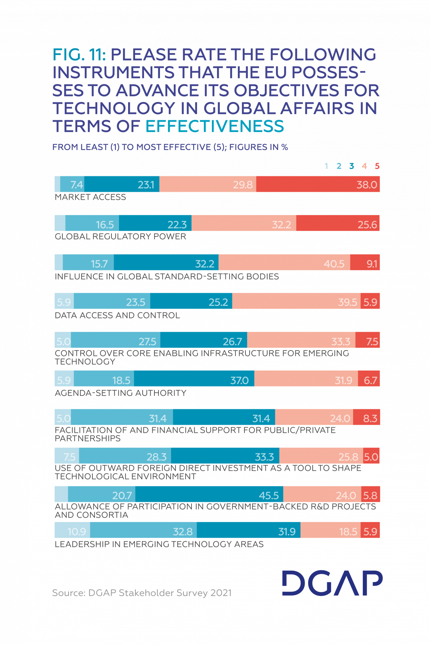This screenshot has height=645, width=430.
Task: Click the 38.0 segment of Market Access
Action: tap(318, 184)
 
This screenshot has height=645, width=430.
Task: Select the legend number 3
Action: tap(351, 166)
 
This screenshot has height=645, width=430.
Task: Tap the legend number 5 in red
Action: tap(377, 166)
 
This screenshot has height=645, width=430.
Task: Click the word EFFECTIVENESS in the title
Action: tap(215, 126)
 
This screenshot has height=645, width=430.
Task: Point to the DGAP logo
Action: tap(332, 583)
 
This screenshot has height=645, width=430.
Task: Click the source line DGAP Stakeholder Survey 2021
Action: tap(142, 593)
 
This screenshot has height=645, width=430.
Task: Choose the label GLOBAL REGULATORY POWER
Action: tap(120, 237)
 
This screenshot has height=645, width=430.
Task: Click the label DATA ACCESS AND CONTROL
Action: tap(117, 315)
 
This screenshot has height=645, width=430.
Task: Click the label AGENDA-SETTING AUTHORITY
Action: tap(120, 393)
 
